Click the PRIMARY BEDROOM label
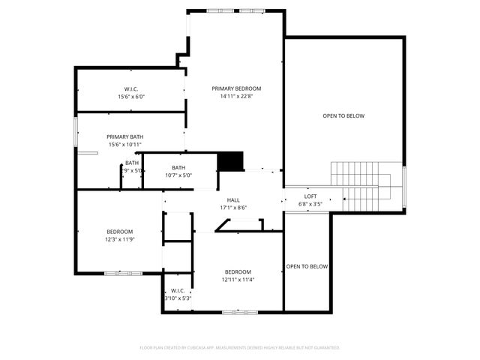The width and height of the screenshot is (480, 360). click(236, 88)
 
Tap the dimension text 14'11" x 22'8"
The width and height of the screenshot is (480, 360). click(236, 96)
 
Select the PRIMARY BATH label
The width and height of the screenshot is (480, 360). click(125, 136)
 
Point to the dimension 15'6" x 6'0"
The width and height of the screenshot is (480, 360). click(131, 96)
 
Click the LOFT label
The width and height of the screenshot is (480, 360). click(310, 196)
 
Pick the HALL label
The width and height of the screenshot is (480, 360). click(233, 200)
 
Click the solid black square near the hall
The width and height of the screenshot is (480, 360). click(231, 162)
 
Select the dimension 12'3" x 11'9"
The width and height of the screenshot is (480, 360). click(119, 239)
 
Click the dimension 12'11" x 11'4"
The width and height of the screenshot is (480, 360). click(237, 280)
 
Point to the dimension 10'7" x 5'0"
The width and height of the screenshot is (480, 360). click(178, 175)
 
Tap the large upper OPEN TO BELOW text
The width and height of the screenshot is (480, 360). click(343, 115)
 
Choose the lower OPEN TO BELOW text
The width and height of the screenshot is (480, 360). click(307, 266)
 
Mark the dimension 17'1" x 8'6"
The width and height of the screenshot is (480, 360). click(233, 208)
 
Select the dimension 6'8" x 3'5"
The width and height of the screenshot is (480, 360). click(310, 203)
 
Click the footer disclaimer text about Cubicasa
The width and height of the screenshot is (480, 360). click(240, 347)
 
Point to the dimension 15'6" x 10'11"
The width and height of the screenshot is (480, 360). click(125, 144)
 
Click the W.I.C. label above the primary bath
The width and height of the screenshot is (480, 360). click(131, 88)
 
